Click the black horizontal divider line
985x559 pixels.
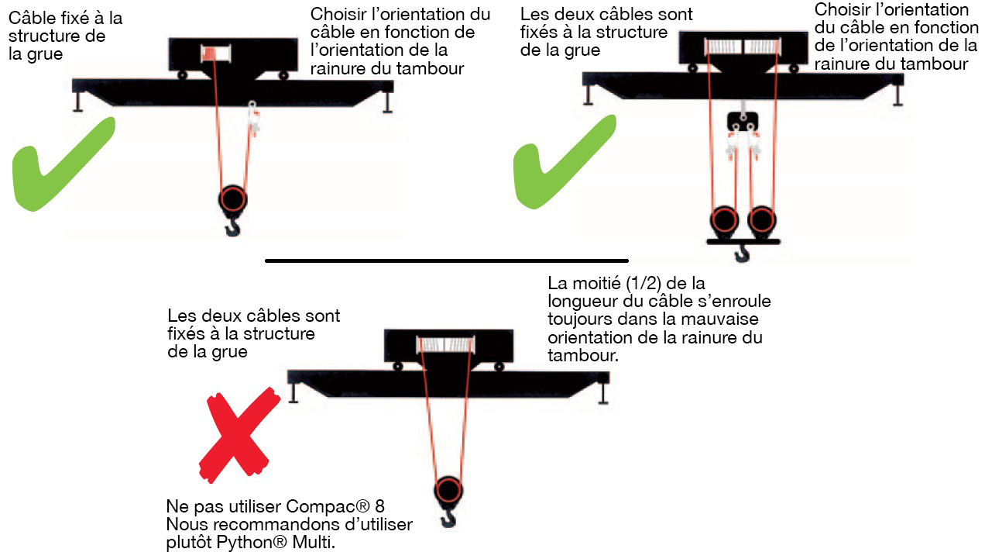pyautogui.click(x=446, y=261)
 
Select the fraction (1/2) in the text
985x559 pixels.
pyautogui.click(x=647, y=283)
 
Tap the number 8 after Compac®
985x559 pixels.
pyautogui.click(x=379, y=507)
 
